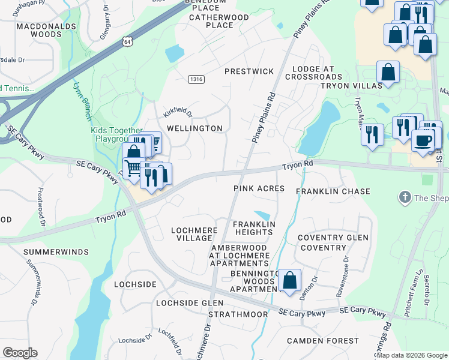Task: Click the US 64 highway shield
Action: [x=126, y=41]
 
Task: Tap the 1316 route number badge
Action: [x=195, y=79]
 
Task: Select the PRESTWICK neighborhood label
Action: [x=249, y=71]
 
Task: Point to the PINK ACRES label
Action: [x=259, y=188]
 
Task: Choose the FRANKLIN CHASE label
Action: [x=333, y=191]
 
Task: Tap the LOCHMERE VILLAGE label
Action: [x=191, y=233]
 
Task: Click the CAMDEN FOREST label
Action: [x=323, y=341]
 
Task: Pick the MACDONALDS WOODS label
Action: [x=47, y=30]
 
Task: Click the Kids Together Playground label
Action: [x=116, y=134]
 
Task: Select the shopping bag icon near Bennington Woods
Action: [x=289, y=281]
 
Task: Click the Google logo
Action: [x=20, y=353]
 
